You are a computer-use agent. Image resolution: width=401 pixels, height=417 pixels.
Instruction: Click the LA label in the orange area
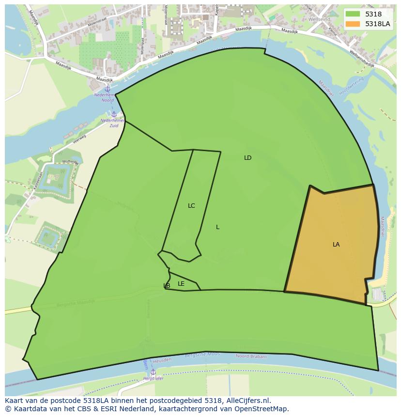(336, 245)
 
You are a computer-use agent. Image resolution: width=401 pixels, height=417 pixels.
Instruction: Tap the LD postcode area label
(247, 158)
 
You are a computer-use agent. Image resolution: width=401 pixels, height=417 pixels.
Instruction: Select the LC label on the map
(191, 206)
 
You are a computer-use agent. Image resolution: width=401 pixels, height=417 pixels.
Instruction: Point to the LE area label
(181, 284)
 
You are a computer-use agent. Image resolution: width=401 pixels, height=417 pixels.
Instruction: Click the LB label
(167, 286)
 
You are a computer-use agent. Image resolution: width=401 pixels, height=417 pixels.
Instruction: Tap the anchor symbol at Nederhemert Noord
(108, 89)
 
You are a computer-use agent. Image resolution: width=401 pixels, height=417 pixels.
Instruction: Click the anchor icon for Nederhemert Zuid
(114, 114)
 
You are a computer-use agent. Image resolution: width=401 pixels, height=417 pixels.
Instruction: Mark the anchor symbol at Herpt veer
(153, 371)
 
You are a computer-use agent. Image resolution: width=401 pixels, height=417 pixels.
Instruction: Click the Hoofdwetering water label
(353, 87)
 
